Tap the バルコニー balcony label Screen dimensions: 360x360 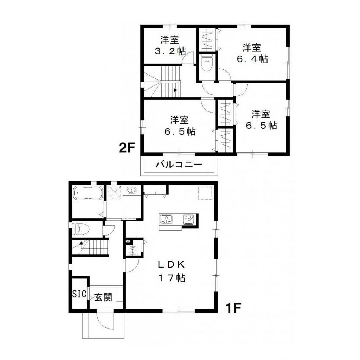[x=179, y=165]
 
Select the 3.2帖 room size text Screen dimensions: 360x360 [x=171, y=51]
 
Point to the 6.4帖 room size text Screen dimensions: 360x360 [x=252, y=59]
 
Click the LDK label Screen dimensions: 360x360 [x=171, y=264]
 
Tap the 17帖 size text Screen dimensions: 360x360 [x=171, y=278]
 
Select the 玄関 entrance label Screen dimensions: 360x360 [x=103, y=297]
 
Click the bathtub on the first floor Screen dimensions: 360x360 [x=88, y=193]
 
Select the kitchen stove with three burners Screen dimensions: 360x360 [x=189, y=219]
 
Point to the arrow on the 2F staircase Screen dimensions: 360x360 [x=175, y=90]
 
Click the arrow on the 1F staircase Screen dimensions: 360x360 [x=81, y=242]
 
